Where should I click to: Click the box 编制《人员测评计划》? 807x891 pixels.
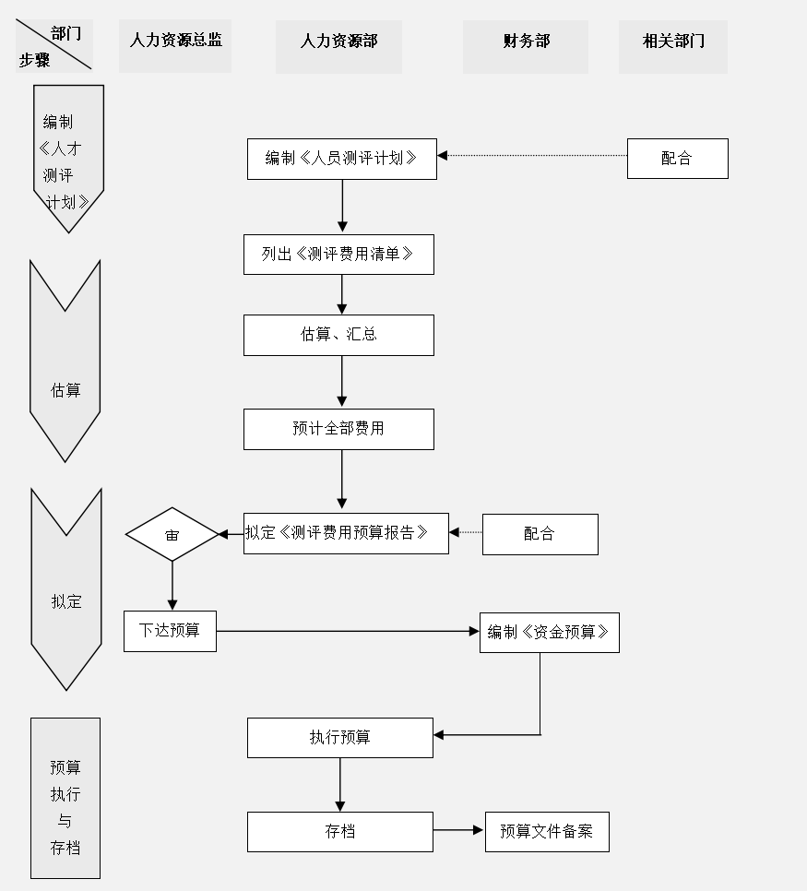coord(341,159)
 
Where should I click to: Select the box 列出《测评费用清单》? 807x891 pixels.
coord(338,255)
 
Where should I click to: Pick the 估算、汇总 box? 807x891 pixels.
coord(338,335)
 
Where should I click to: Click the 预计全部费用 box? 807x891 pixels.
coord(338,429)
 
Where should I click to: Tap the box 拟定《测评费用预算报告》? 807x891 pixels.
coord(346,533)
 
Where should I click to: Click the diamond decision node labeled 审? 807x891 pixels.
coord(172,534)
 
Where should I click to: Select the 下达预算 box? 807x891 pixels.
coord(170,631)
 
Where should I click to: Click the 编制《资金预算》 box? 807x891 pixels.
coord(549,633)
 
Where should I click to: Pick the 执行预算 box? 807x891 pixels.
coord(339,737)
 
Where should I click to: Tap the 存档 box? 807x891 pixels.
coord(339,831)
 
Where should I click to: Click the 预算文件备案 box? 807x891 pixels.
coord(547,831)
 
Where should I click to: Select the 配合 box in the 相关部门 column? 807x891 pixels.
coord(677,159)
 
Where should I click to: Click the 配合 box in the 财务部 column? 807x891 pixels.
coord(540,534)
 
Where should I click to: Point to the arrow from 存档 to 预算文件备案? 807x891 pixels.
coord(458,830)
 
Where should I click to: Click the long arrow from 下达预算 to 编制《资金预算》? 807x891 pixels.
coord(348,631)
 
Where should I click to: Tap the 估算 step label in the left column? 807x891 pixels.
coord(65,391)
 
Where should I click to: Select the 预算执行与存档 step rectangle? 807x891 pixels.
coord(65,798)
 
